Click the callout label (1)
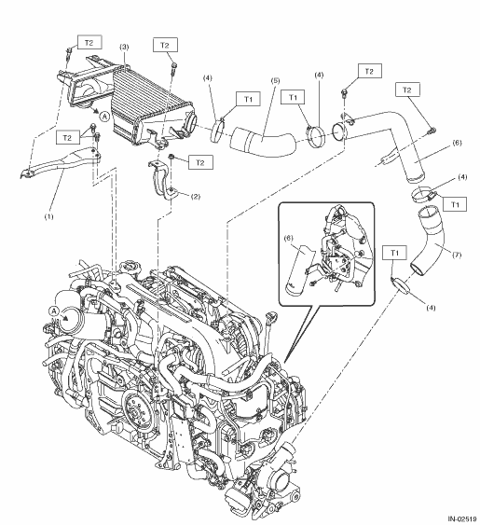point(48,216)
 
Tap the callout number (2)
point(196,196)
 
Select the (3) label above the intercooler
point(124,47)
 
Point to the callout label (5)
point(276,81)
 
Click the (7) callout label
point(457,255)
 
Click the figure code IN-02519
point(462,519)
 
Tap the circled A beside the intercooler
point(104,117)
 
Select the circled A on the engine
point(53,311)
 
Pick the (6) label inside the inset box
point(289,238)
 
